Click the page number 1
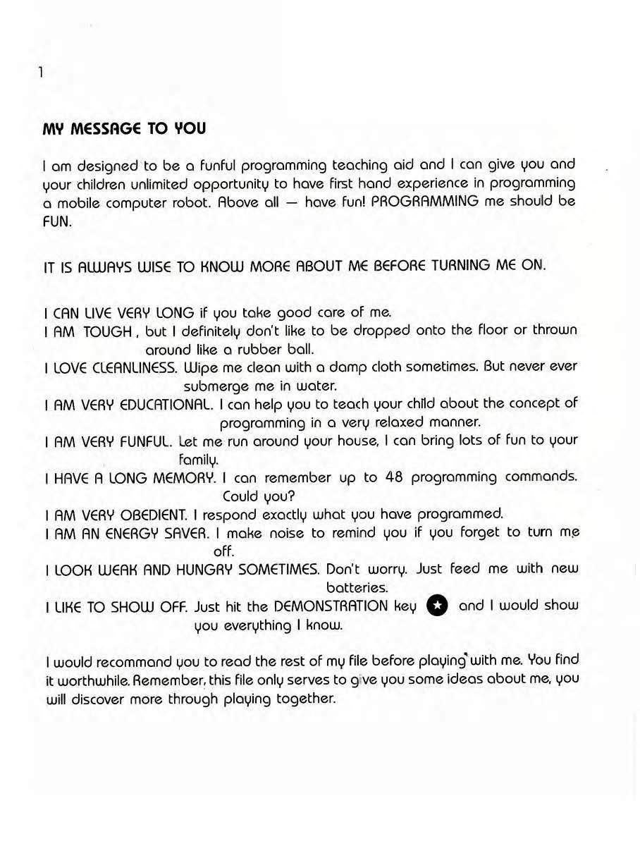[x=42, y=72]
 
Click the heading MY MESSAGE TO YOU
[x=124, y=129]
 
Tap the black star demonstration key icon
[x=438, y=606]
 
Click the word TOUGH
[x=107, y=331]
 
